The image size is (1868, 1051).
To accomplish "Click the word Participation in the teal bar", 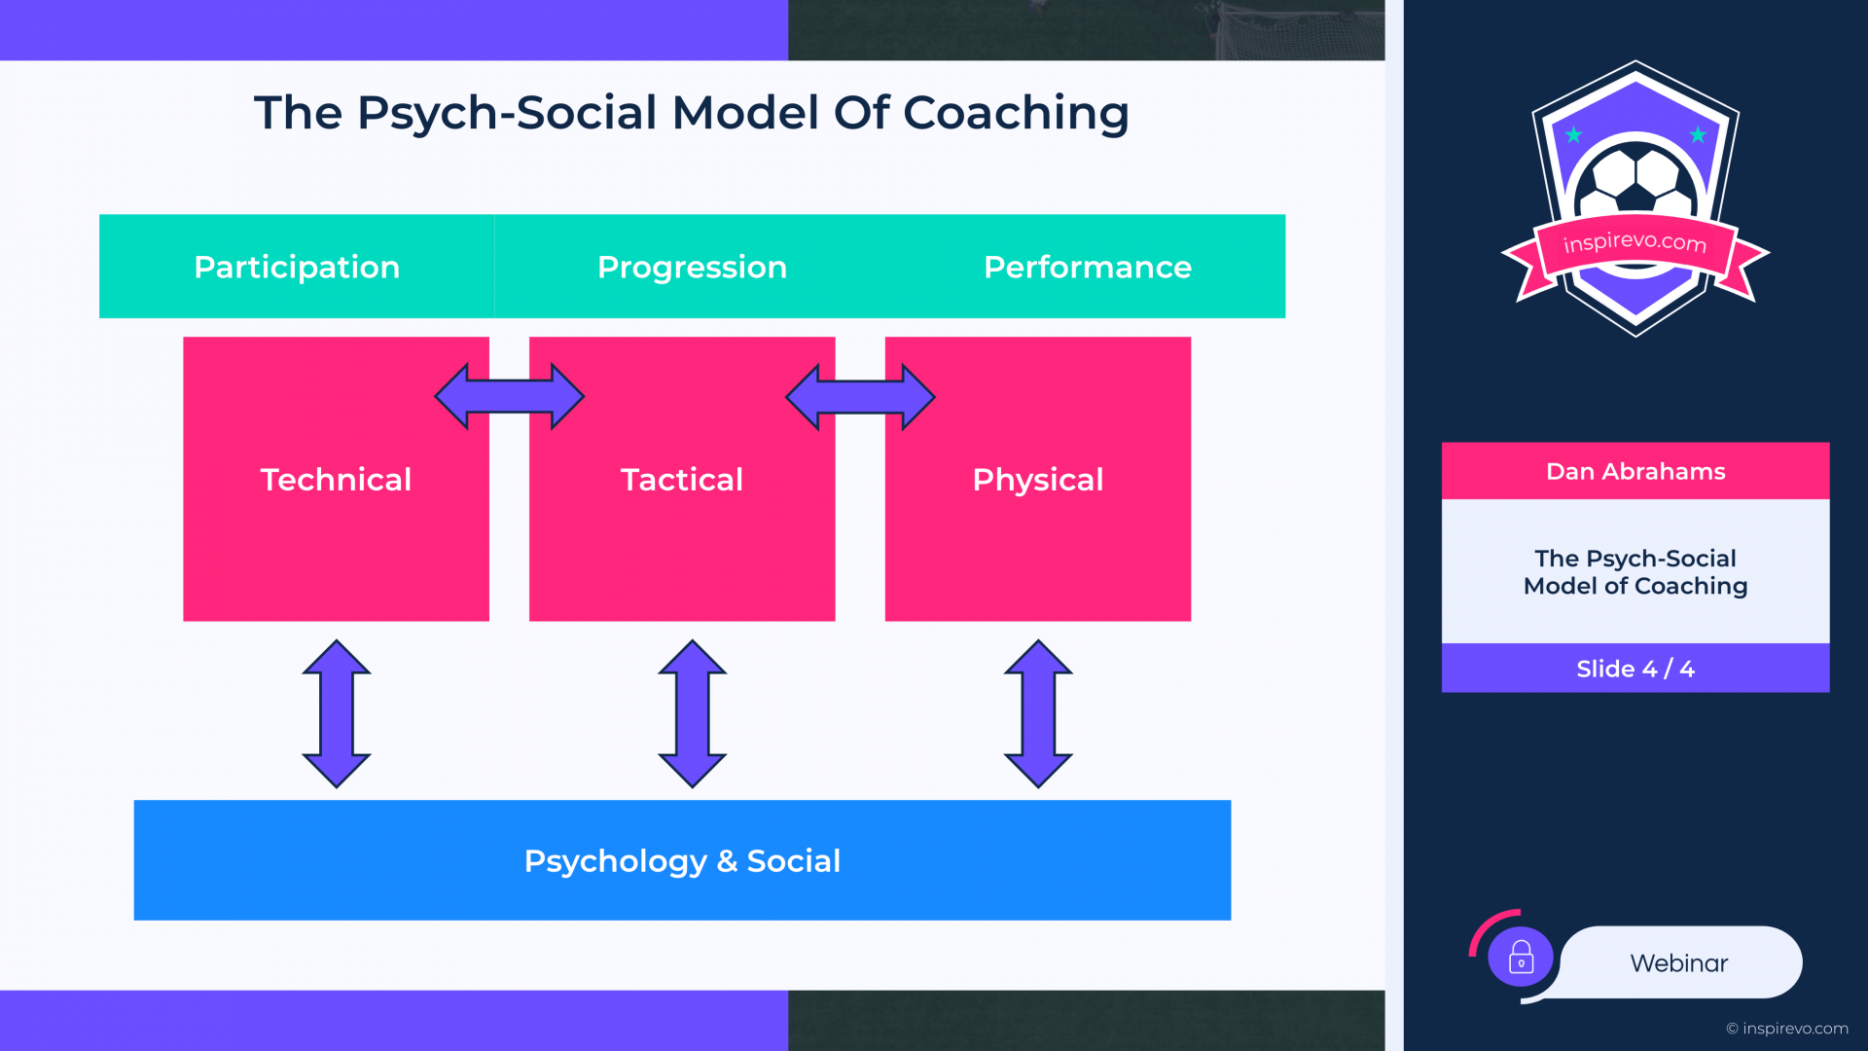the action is [x=297, y=268].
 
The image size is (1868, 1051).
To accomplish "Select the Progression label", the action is [x=692, y=268].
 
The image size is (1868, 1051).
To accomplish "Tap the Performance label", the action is [x=1088, y=267].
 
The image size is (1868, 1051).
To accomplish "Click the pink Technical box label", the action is [x=336, y=479].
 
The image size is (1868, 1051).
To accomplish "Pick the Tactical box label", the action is [x=682, y=479].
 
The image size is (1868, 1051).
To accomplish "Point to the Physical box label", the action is [x=1038, y=480].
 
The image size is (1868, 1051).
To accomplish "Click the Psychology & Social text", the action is [x=682, y=861].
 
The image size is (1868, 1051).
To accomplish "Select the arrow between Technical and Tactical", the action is [x=509, y=396].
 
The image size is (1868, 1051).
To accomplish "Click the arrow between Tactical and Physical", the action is [x=860, y=396].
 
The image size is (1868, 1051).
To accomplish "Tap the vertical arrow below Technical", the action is [x=337, y=713].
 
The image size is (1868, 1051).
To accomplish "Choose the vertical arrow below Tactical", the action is [x=693, y=713].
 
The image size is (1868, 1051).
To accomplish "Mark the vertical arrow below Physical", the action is [x=1038, y=713].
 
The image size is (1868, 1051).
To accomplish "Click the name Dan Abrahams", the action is [x=1635, y=472].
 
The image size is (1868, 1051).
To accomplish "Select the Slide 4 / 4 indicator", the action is [x=1635, y=669].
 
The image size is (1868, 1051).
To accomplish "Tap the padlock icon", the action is [x=1521, y=958].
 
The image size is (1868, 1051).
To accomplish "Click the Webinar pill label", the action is [x=1679, y=963].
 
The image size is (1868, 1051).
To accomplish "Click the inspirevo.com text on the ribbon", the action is [x=1635, y=240].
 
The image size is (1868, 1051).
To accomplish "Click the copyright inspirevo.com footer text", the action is [x=1787, y=1029].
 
